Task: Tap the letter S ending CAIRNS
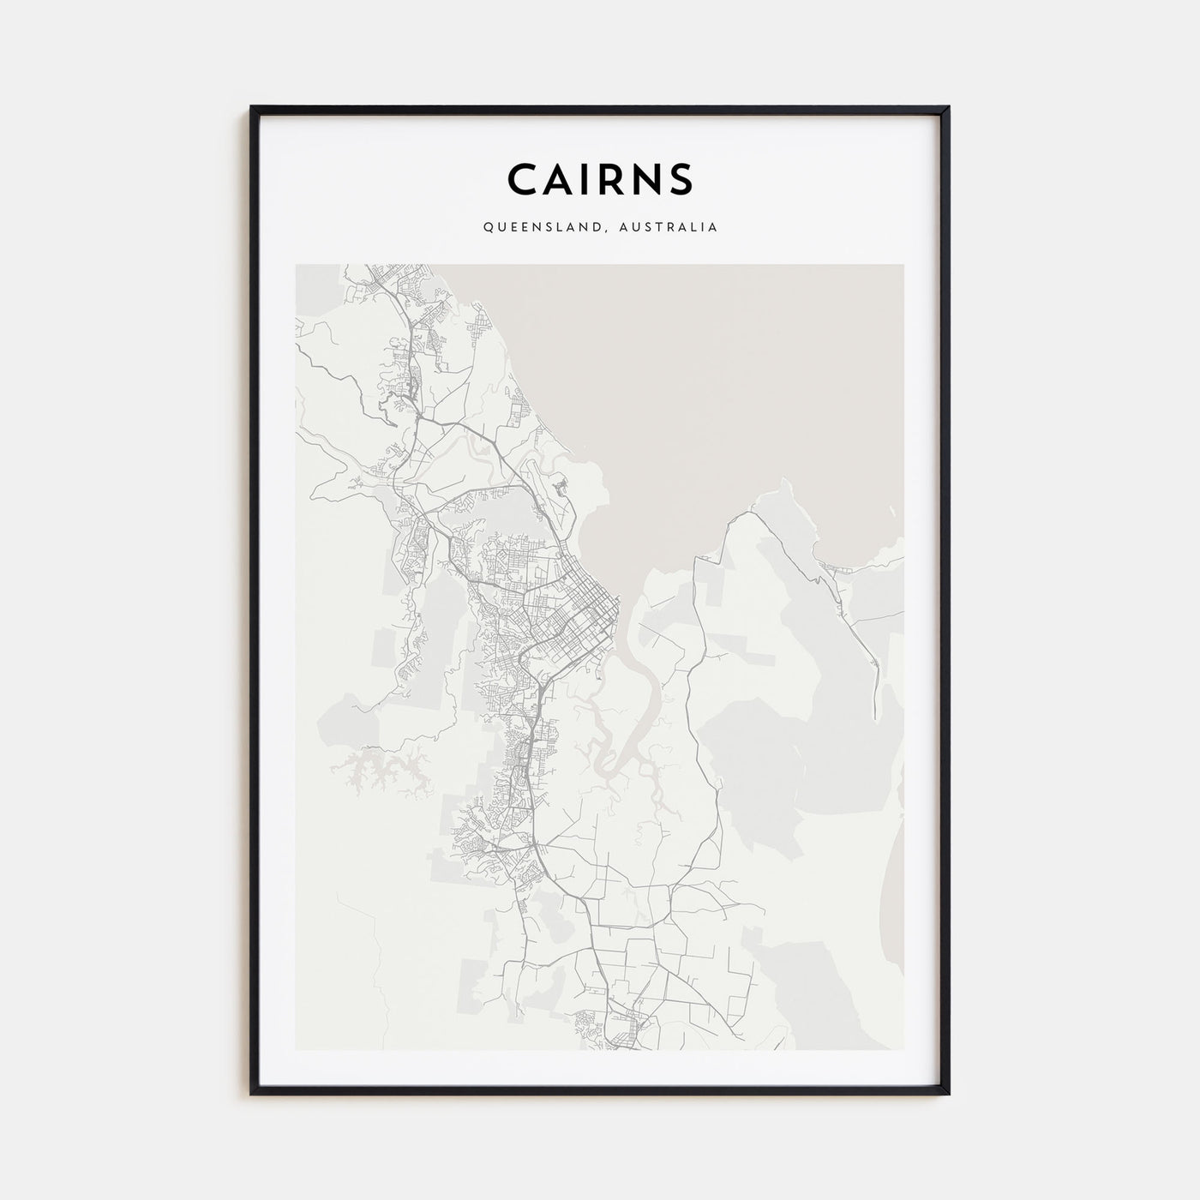point(682,179)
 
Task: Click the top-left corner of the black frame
point(251,107)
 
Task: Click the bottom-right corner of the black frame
point(949,1095)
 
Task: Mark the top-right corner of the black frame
point(949,107)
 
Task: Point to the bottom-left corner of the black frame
point(251,1095)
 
